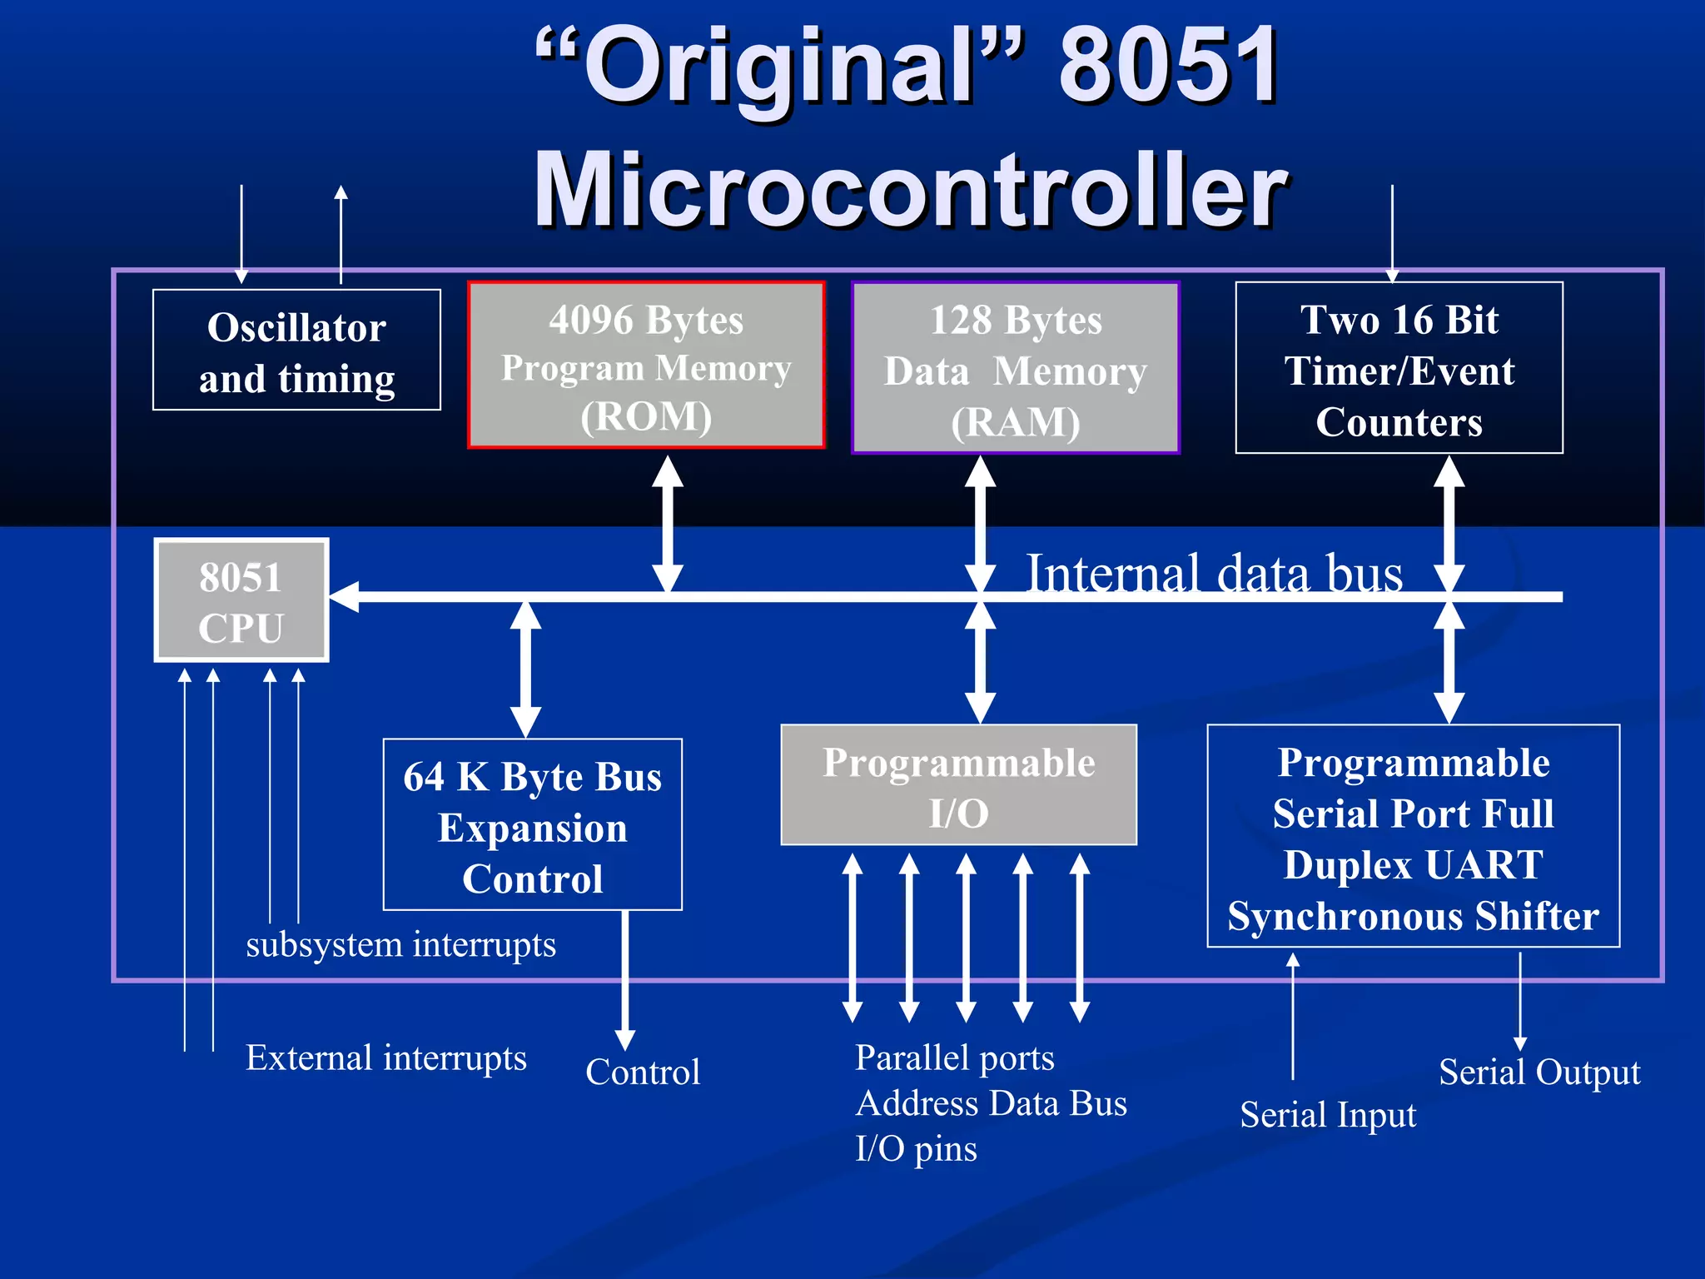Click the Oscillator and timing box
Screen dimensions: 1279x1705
coord(296,350)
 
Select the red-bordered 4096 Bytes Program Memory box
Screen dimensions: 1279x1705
coord(646,365)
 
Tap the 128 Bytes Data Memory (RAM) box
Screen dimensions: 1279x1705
coord(1016,368)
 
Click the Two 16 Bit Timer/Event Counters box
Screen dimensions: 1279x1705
coord(1399,368)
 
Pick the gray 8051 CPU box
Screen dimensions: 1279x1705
coord(241,600)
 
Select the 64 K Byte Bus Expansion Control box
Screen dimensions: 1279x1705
coord(533,824)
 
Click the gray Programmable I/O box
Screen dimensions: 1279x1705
coord(958,785)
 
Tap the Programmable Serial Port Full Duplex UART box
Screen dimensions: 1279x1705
coord(1413,836)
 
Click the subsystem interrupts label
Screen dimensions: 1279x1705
coord(400,945)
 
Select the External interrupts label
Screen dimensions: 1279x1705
coord(385,1058)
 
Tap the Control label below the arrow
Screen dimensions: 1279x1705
coord(643,1072)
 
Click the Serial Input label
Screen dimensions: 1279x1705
coord(1328,1115)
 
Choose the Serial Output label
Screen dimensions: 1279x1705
coord(1539,1072)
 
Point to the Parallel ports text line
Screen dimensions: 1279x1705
coord(955,1058)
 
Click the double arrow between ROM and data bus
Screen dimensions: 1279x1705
coord(667,525)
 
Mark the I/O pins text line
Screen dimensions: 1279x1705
coord(916,1149)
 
